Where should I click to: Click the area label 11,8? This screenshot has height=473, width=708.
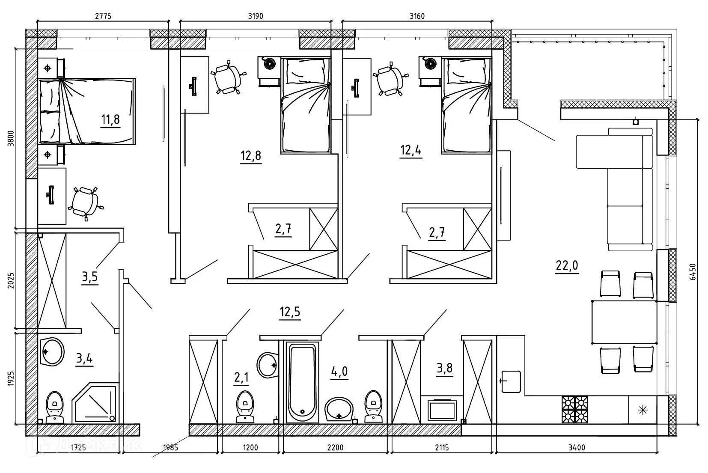110,119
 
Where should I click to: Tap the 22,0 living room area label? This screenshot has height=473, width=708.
567,265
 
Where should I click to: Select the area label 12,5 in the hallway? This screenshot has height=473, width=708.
290,312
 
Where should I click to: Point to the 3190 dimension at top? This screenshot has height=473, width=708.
256,16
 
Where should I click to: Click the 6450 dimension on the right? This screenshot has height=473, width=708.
693,272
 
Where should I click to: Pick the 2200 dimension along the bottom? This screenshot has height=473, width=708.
335,447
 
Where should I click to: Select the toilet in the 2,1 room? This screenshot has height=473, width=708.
245,407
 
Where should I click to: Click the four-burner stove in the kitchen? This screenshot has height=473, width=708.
574,410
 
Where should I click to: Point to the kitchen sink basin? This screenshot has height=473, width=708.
511,382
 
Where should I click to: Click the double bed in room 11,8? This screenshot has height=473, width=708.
87,111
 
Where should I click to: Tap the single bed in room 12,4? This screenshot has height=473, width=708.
467,106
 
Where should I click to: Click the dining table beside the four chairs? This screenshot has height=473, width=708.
624,322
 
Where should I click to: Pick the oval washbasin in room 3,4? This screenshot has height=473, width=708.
53,352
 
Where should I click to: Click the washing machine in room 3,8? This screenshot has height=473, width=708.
442,411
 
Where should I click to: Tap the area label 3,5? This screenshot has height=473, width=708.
90,277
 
